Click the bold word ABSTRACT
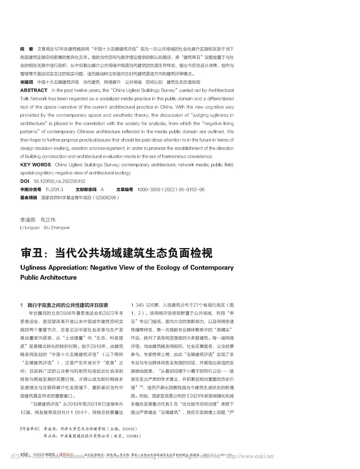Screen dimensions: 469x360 [34, 90]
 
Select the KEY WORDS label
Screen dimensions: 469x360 [35, 165]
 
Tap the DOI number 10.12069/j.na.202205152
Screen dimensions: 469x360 [59, 181]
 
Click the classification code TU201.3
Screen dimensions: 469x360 [54, 190]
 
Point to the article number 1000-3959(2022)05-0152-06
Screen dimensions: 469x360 [171, 190]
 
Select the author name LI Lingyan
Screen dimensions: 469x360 [30, 228]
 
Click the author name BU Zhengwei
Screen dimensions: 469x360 [57, 228]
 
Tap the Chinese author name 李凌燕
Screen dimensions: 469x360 [28, 220]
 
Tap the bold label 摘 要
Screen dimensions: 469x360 [26, 49]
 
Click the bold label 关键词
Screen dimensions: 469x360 [26, 82]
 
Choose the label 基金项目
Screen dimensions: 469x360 [28, 198]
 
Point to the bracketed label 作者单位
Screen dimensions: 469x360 [29, 429]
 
